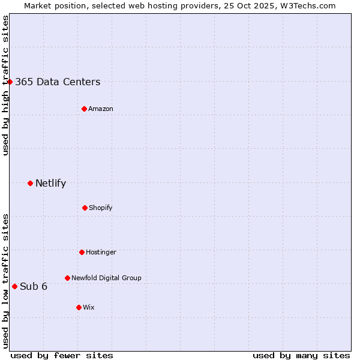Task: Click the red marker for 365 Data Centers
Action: pyautogui.click(x=10, y=82)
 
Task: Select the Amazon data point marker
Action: pyautogui.click(x=84, y=109)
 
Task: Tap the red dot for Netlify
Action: pyautogui.click(x=30, y=183)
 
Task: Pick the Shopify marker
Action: pyautogui.click(x=85, y=208)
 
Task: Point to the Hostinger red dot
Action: pyautogui.click(x=82, y=252)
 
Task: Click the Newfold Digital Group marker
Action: pyautogui.click(x=67, y=278)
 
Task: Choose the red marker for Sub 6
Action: pyautogui.click(x=14, y=286)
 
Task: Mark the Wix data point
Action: pyautogui.click(x=79, y=307)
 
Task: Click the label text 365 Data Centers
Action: pyautogui.click(x=58, y=82)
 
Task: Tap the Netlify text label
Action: pyautogui.click(x=50, y=184)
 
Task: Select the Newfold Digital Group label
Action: pyautogui.click(x=106, y=278)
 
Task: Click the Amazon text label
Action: pyautogui.click(x=101, y=109)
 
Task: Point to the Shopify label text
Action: pyautogui.click(x=101, y=208)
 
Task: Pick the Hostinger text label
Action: pyautogui.click(x=101, y=253)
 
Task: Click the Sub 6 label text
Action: pyautogui.click(x=34, y=287)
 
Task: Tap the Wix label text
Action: pyautogui.click(x=89, y=308)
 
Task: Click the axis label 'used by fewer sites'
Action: pyautogui.click(x=62, y=355)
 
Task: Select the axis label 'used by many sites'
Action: pyautogui.click(x=301, y=355)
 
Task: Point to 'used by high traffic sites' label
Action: pyautogui.click(x=5, y=85)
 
